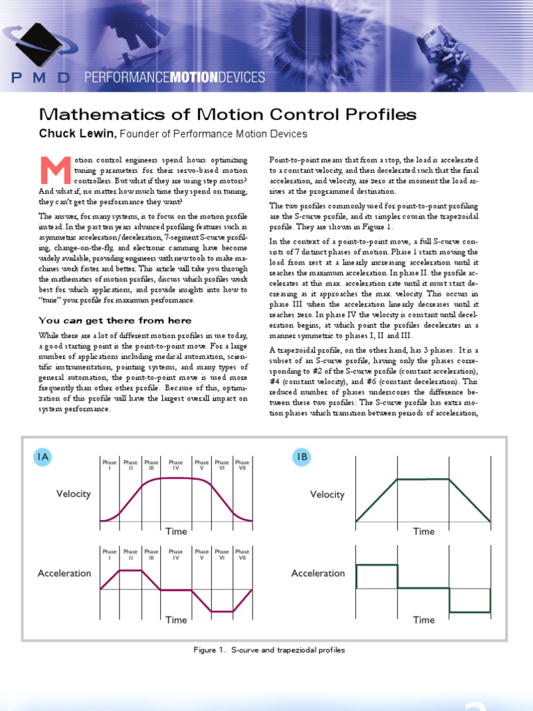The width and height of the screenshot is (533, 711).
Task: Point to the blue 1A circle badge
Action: pos(42,456)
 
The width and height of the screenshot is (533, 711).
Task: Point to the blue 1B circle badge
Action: pos(302,456)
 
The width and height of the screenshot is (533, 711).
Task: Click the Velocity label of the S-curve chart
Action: pos(74,494)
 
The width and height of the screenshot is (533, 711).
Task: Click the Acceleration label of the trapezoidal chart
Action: pos(318,574)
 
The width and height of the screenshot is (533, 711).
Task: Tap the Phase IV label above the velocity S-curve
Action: pos(176,465)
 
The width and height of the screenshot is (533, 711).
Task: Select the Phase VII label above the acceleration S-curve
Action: pos(242,554)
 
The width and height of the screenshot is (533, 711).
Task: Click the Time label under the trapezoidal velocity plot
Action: pos(423,532)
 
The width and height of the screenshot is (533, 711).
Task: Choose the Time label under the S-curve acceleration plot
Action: pos(176,620)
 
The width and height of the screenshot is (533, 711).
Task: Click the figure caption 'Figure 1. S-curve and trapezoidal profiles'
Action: pos(269,651)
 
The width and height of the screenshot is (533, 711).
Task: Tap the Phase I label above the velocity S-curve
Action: pos(110,465)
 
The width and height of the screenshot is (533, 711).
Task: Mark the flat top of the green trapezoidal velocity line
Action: pos(423,478)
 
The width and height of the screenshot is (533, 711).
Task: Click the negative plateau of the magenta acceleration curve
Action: pos(221,612)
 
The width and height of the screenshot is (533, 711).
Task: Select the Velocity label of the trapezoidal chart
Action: pos(327,494)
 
